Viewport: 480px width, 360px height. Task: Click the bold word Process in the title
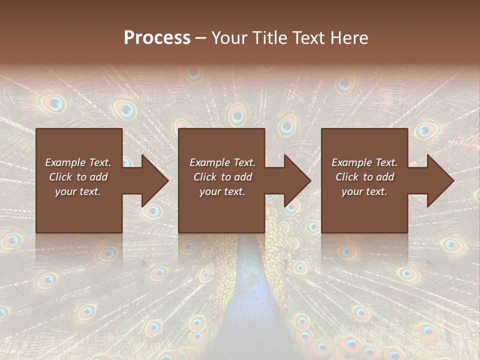(x=157, y=38)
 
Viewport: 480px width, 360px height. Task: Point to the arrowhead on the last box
(x=440, y=180)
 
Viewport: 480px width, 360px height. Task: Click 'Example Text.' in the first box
(x=78, y=162)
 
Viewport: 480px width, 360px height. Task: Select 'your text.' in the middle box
(x=222, y=191)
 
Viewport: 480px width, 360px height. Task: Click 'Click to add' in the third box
(x=364, y=177)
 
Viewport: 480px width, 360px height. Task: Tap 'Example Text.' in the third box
(x=364, y=162)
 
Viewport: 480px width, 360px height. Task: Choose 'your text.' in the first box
(x=78, y=191)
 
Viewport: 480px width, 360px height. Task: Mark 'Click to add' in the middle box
(x=222, y=177)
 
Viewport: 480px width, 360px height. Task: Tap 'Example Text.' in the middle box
(x=222, y=162)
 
